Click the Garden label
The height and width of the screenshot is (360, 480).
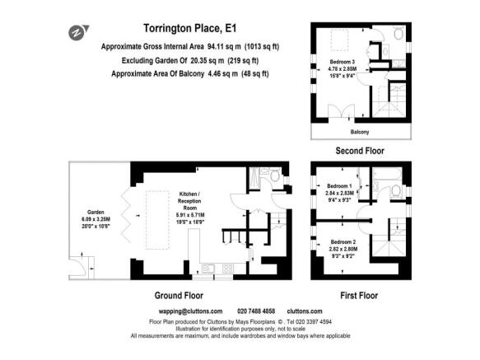(x=88, y=210)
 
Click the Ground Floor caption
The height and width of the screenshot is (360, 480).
(x=178, y=294)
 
